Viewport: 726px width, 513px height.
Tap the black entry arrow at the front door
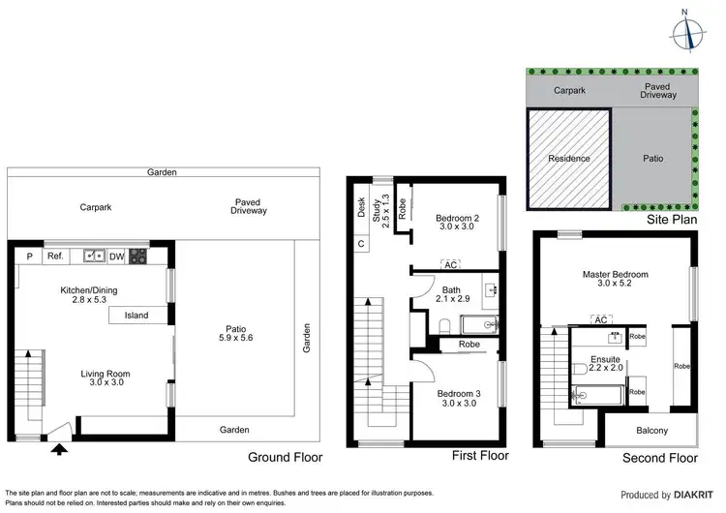click(60, 447)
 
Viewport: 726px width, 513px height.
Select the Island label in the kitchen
click(136, 315)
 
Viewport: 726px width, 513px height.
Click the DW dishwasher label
click(115, 256)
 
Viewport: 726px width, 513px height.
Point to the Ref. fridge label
click(55, 256)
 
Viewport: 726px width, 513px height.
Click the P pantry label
click(29, 256)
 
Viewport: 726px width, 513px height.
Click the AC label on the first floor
click(450, 264)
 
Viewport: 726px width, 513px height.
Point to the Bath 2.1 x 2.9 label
click(451, 294)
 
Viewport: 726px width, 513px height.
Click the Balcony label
click(649, 430)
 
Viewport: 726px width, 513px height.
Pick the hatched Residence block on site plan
click(568, 159)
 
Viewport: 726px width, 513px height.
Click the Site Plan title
click(672, 221)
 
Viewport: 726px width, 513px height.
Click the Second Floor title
click(660, 457)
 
